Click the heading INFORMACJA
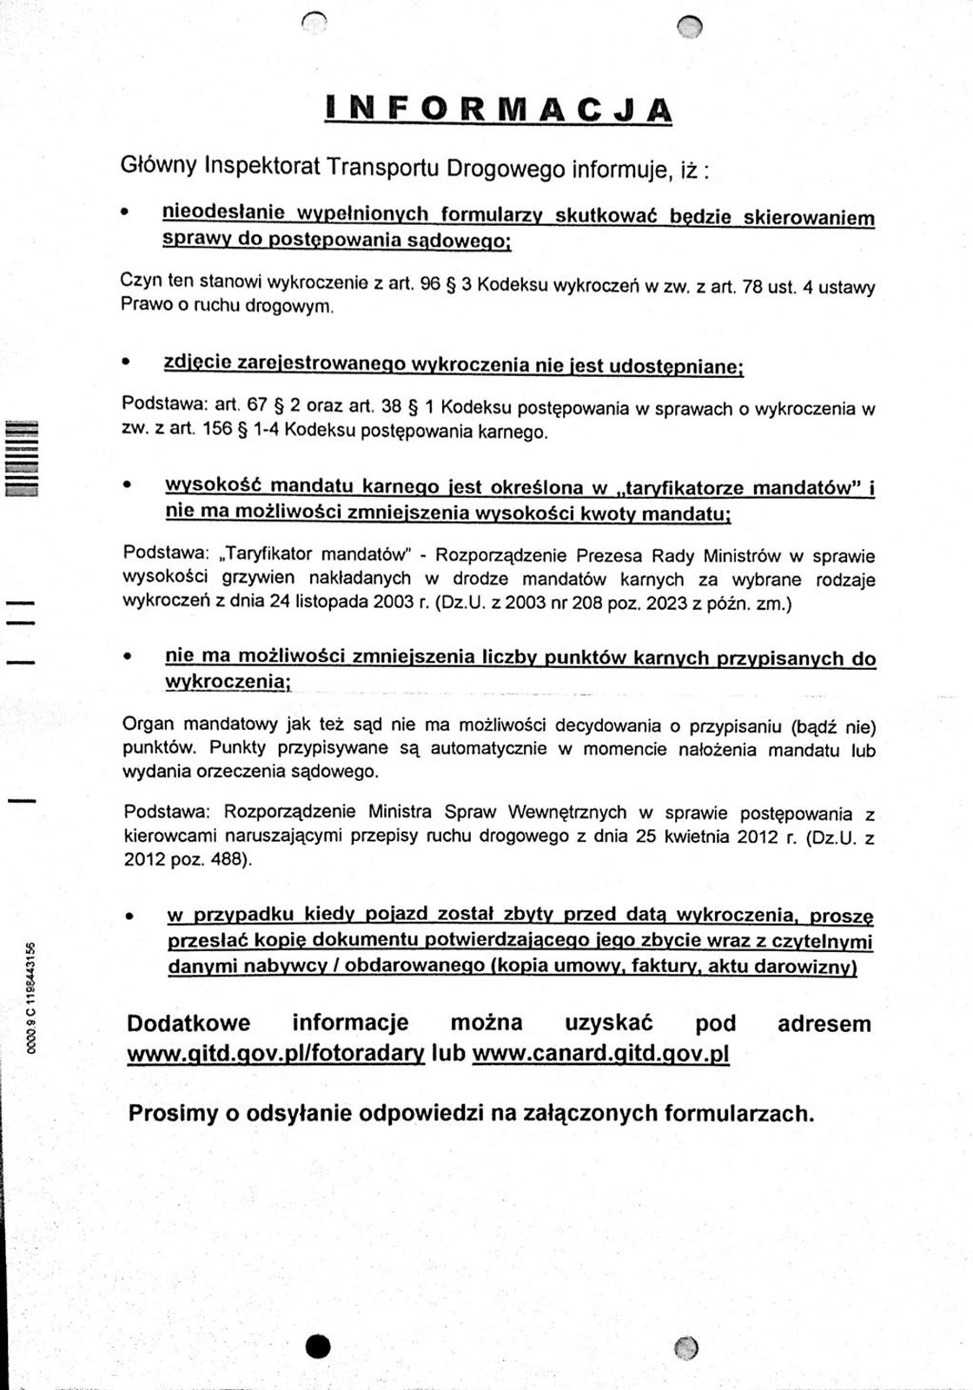click(x=499, y=108)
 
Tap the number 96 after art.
click(x=430, y=284)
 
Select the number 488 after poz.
click(x=229, y=860)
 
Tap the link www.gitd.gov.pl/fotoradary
click(x=275, y=1054)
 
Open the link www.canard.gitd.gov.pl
click(x=600, y=1054)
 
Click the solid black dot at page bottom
click(x=318, y=1347)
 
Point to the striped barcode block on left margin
click(x=20, y=458)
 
